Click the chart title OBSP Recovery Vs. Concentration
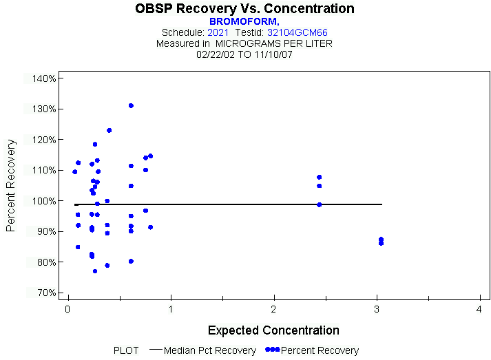245,9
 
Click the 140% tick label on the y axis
43,78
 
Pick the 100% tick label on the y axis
43,201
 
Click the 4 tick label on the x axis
479,310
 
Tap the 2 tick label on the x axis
273,310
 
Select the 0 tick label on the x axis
67,310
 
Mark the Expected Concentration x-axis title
273,330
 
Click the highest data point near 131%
131,105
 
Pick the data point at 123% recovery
109,130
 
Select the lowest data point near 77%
95,271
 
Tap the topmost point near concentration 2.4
319,177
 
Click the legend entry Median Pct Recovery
211,350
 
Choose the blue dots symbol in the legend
272,350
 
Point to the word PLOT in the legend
126,350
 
